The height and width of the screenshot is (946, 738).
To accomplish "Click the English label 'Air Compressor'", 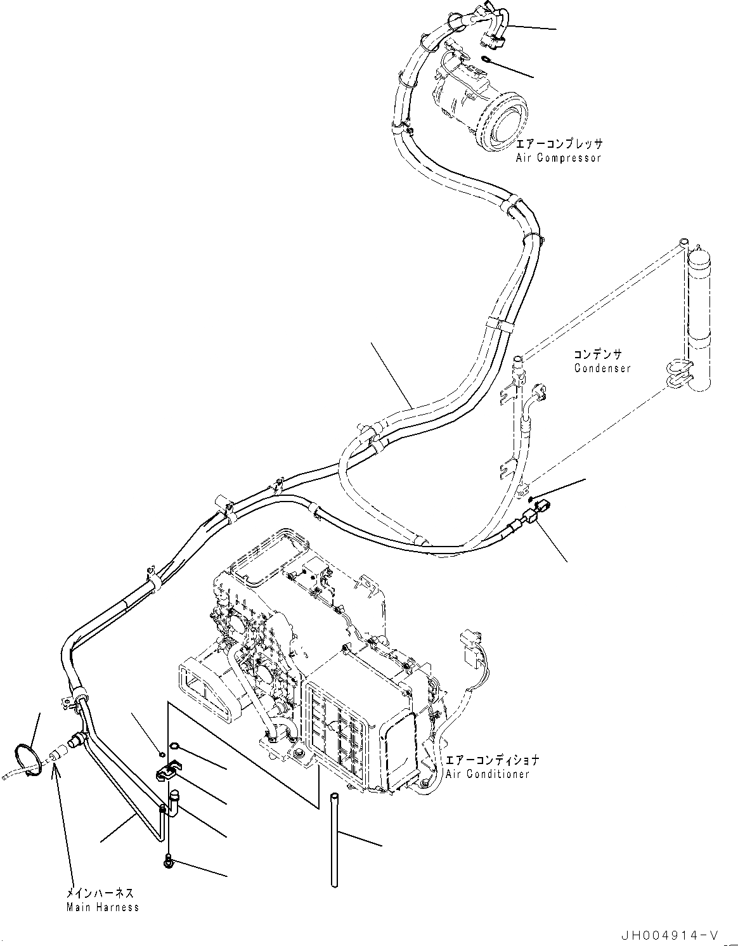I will pyautogui.click(x=558, y=157).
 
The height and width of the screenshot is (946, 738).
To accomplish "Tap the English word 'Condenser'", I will pyautogui.click(x=602, y=368).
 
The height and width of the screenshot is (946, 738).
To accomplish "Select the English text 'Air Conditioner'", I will pyautogui.click(x=486, y=774).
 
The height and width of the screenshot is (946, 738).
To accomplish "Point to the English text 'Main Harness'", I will pyautogui.click(x=102, y=907).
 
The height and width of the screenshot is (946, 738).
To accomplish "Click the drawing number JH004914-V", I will pyautogui.click(x=670, y=935).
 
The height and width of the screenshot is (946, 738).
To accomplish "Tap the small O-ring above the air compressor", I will pyautogui.click(x=486, y=60).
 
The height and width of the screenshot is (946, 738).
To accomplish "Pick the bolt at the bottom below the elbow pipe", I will pyautogui.click(x=168, y=861).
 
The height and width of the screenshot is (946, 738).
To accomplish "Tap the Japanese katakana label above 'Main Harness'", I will pyautogui.click(x=100, y=893).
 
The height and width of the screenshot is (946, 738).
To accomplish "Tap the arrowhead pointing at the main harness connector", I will pyautogui.click(x=56, y=767).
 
